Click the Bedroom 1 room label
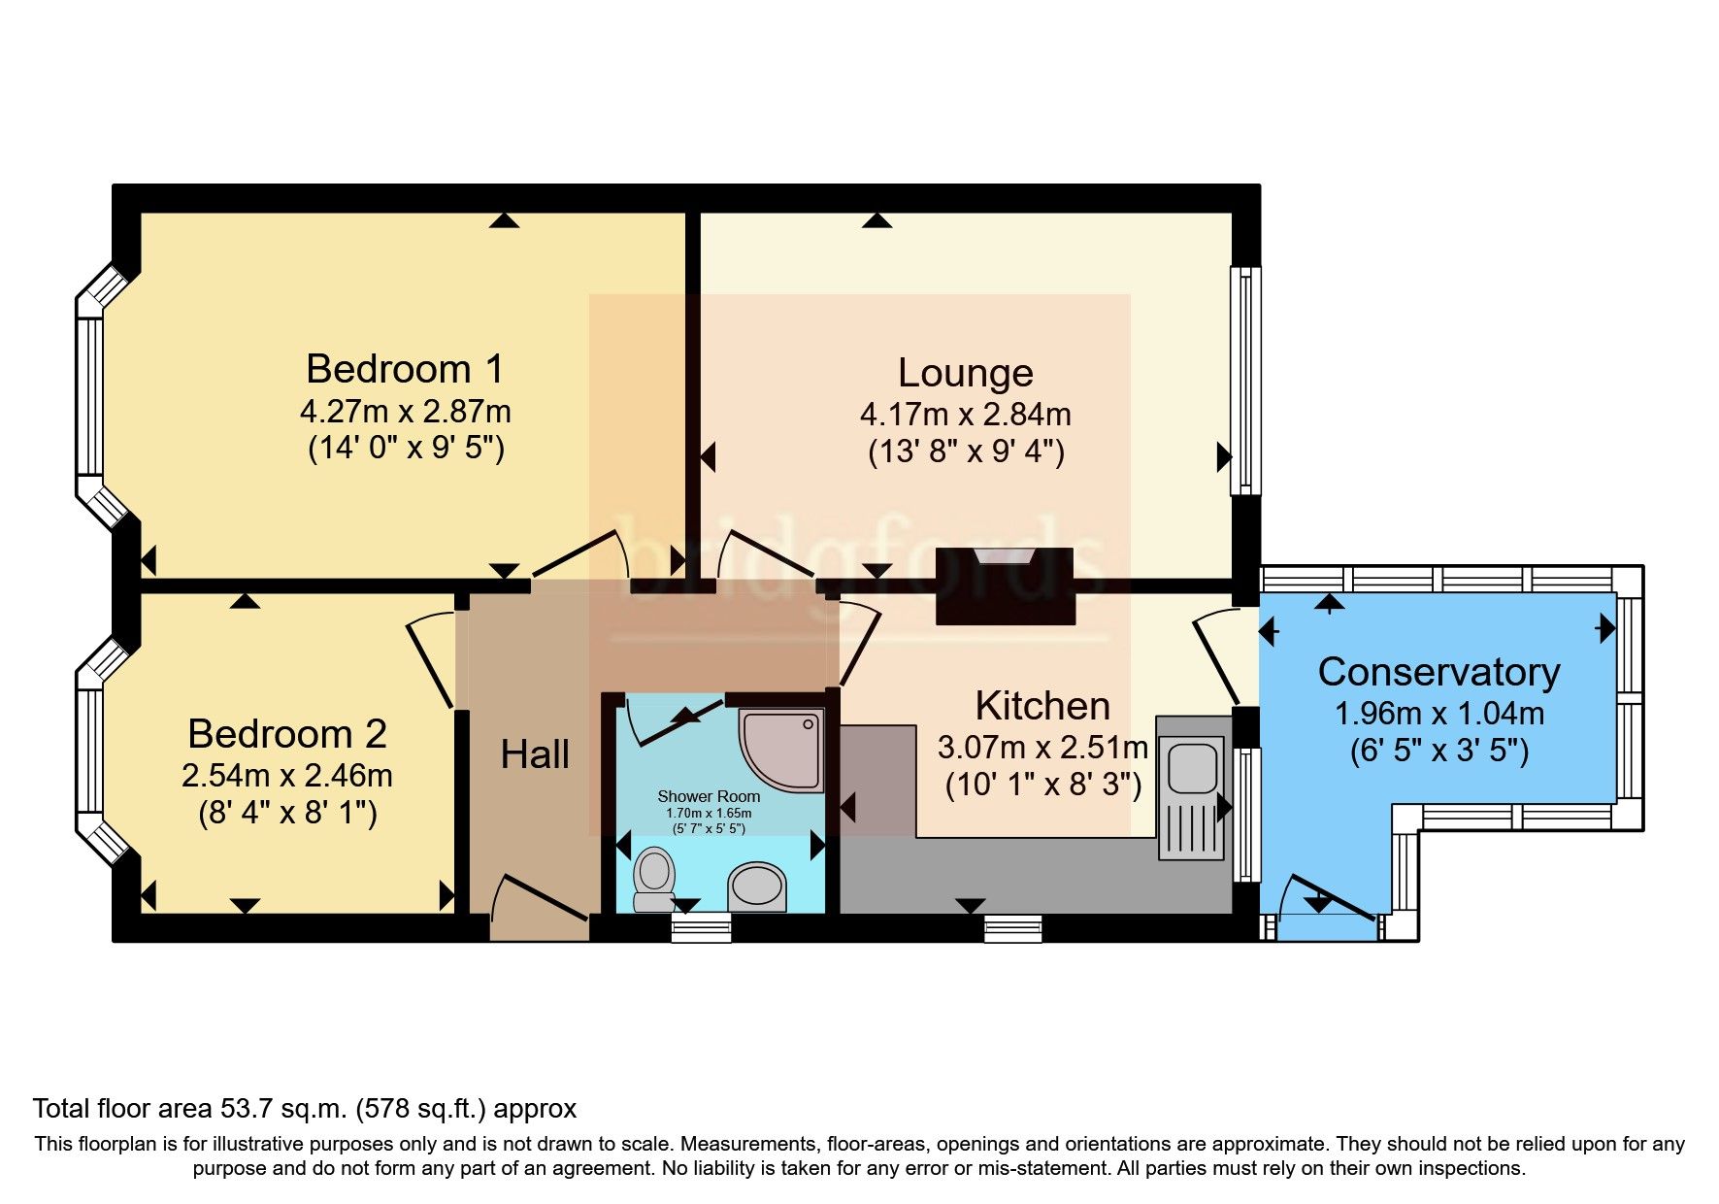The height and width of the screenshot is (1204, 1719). click(405, 370)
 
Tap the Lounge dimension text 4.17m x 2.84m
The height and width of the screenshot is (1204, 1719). click(965, 415)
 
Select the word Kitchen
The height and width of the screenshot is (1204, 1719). click(1042, 706)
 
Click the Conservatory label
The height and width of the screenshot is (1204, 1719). click(1438, 672)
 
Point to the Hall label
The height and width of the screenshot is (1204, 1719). click(535, 754)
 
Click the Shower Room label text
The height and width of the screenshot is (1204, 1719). click(709, 796)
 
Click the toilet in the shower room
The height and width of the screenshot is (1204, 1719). click(653, 878)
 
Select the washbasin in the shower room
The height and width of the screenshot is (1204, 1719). click(756, 886)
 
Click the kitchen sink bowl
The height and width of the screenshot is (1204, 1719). click(1191, 766)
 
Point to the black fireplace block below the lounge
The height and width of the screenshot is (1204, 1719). click(1005, 586)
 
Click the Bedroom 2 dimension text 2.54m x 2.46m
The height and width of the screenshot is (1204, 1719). click(287, 776)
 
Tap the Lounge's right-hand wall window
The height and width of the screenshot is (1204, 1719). click(1245, 381)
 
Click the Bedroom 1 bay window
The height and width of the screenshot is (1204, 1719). click(90, 397)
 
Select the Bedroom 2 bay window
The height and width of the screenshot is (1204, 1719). click(90, 751)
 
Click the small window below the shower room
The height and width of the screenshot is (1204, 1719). click(701, 929)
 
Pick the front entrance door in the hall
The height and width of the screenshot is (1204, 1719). click(540, 903)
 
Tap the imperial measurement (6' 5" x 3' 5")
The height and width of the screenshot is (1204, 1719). click(1438, 752)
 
